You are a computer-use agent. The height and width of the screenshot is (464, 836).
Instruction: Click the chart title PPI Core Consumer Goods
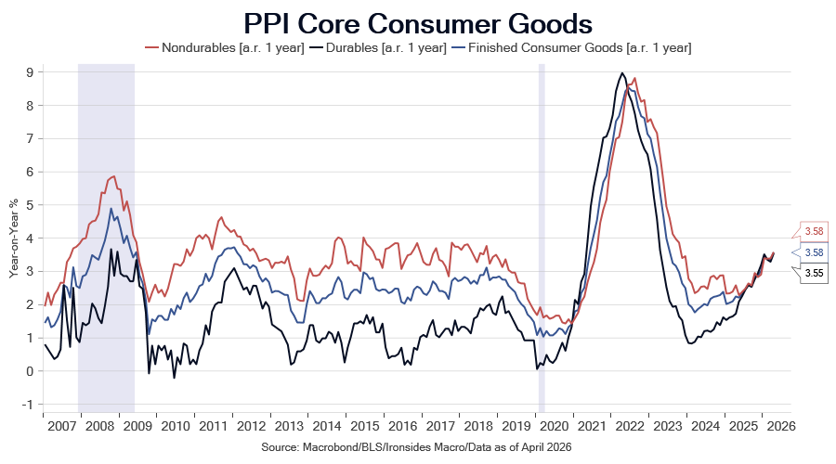coord(418,23)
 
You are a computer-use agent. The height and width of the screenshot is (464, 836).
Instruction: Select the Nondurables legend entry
coord(225,48)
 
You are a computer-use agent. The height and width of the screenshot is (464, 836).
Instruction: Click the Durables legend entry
coord(379,48)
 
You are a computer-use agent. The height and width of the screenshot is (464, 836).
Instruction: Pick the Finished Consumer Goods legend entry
coord(571,48)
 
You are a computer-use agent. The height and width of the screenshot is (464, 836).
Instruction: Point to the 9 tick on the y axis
coord(29,71)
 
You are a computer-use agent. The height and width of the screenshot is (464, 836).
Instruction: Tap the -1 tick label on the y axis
coord(27,405)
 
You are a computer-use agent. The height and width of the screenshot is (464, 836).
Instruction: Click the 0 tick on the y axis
coord(29,371)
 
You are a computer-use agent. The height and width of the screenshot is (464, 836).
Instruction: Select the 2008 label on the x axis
coord(99,426)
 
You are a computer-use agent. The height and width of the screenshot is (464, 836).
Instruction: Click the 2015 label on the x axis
coord(365,426)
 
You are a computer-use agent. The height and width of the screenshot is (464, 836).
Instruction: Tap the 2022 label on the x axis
coord(630,426)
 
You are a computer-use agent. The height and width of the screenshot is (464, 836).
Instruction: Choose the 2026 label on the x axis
coord(781,426)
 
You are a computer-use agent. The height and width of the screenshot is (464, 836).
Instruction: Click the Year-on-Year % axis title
coord(13,238)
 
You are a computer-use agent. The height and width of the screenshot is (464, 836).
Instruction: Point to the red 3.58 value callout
coord(810,231)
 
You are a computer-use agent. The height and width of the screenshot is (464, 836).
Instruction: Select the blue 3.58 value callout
coord(810,252)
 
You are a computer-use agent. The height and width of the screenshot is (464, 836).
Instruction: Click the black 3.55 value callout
coord(810,273)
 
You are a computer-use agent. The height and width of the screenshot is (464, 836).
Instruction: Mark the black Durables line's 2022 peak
coord(621,73)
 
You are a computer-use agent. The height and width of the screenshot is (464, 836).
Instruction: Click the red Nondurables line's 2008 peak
coord(113,176)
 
